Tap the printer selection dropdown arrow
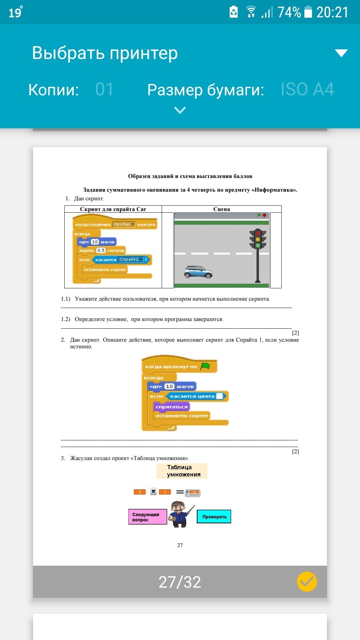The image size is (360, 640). point(341,53)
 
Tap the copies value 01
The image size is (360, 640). point(104,89)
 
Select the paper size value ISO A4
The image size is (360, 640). point(307,89)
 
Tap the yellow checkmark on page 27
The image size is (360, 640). point(307,582)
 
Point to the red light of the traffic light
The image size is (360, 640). point(258,233)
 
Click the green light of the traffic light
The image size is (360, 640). point(258,246)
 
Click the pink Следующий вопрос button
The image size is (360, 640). point(147,517)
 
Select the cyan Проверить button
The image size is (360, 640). point(214,517)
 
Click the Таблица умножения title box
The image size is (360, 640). point(182,471)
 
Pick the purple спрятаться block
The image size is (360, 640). point(171,407)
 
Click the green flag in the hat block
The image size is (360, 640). point(205,366)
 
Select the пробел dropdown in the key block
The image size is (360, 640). point(124,224)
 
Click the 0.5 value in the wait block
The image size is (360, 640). point(101,250)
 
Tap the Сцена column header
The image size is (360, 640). point(222,209)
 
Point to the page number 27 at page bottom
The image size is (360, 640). point(180,545)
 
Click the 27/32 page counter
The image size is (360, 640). point(180,582)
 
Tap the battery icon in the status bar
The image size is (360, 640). point(308,12)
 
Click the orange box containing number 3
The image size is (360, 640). point(140,492)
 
